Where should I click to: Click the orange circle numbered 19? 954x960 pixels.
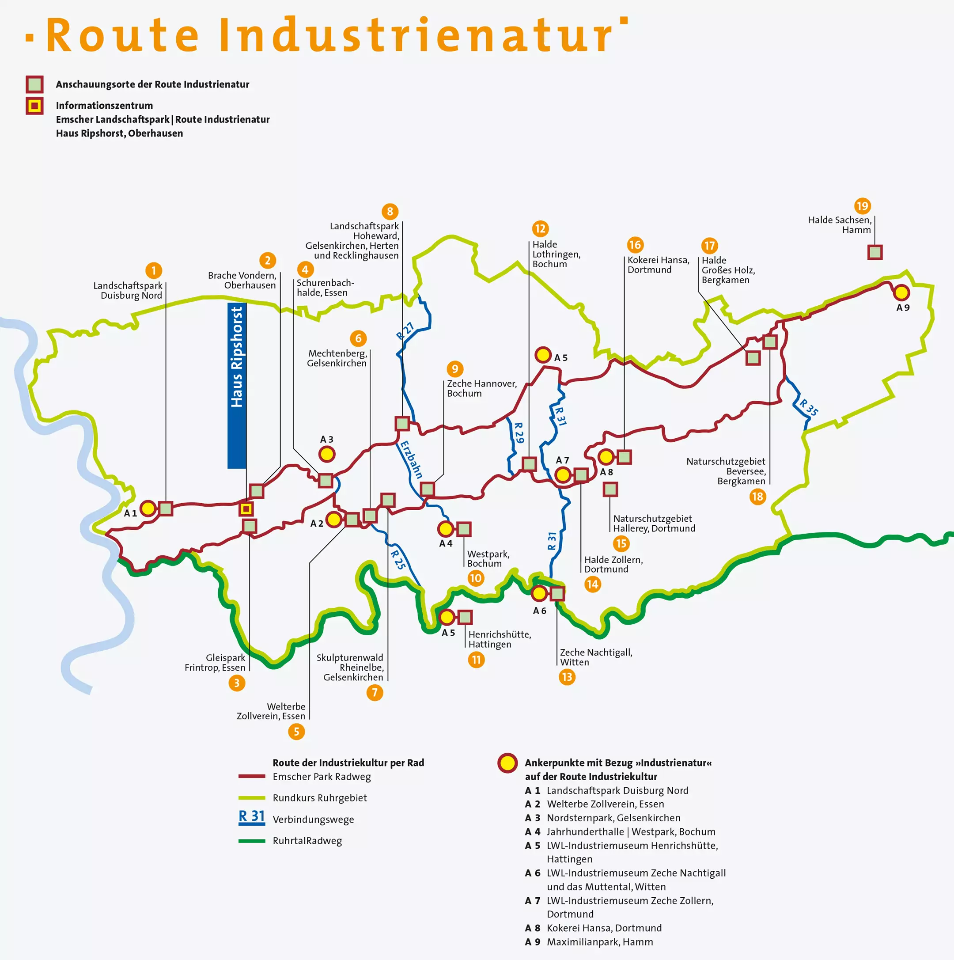pyautogui.click(x=863, y=206)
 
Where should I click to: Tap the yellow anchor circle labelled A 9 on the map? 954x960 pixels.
pyautogui.click(x=901, y=292)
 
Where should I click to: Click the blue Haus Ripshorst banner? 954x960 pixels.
pyautogui.click(x=237, y=385)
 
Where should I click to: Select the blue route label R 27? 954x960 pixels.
pyautogui.click(x=405, y=331)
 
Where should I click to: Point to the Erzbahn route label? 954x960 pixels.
pyautogui.click(x=412, y=459)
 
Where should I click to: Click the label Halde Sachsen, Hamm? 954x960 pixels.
pyautogui.click(x=839, y=224)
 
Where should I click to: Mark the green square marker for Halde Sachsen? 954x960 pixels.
pyautogui.click(x=875, y=252)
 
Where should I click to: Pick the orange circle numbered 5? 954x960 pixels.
pyautogui.click(x=297, y=732)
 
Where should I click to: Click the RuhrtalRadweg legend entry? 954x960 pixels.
pyautogui.click(x=307, y=841)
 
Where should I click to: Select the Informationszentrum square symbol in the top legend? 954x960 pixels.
pyautogui.click(x=35, y=106)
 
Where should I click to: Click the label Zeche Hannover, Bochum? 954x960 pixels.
pyautogui.click(x=481, y=388)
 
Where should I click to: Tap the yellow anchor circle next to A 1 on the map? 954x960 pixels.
pyautogui.click(x=148, y=509)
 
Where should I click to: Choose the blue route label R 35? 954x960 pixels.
pyautogui.click(x=808, y=407)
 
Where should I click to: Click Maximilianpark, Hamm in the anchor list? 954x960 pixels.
pyautogui.click(x=600, y=941)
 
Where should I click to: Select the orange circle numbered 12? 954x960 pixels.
pyautogui.click(x=540, y=228)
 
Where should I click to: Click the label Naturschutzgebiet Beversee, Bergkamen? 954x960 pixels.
pyautogui.click(x=726, y=471)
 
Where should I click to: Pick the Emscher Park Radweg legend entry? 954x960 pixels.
pyautogui.click(x=322, y=777)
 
